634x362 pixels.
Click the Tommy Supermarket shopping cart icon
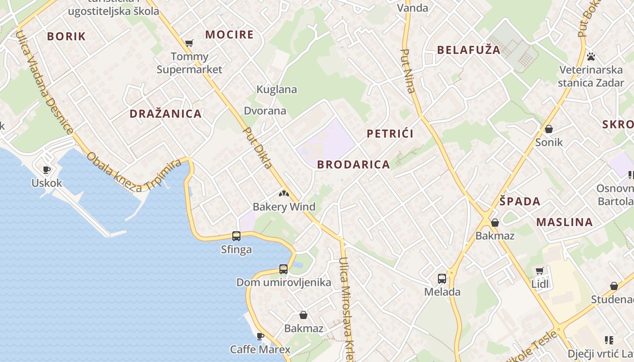tap(189, 43)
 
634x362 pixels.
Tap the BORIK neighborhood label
tap(66, 37)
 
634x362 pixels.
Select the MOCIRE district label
tap(229, 35)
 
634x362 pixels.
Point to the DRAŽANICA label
tap(166, 114)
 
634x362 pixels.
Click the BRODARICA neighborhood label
tap(353, 165)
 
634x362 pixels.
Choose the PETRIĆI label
tap(390, 133)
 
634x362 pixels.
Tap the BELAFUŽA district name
tap(469, 50)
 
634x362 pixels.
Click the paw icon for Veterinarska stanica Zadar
tap(591, 57)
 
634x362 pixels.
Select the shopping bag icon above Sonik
tap(549, 129)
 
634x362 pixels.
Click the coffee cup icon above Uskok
tap(46, 170)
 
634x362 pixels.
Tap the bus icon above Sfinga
tap(236, 236)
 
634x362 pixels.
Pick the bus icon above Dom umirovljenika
tap(283, 269)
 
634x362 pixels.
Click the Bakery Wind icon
tap(283, 194)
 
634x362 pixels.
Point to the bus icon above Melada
tap(442, 279)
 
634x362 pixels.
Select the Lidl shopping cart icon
tap(539, 271)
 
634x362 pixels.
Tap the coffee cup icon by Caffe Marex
tap(260, 336)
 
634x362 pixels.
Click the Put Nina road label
tap(408, 71)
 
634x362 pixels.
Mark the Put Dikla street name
tap(258, 148)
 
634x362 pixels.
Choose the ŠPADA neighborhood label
tap(520, 201)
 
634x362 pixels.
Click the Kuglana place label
tap(277, 90)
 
